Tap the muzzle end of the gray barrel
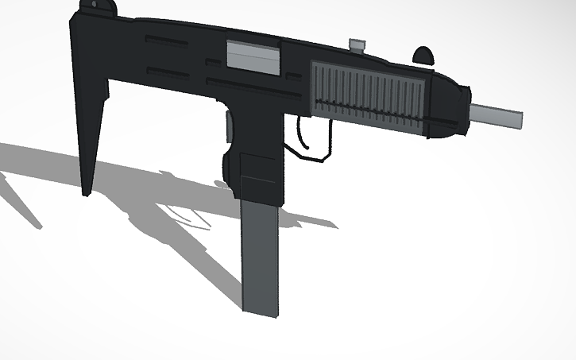520,120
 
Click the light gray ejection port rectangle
254,56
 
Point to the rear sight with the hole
100,6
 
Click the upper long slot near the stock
167,40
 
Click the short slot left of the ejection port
212,61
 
